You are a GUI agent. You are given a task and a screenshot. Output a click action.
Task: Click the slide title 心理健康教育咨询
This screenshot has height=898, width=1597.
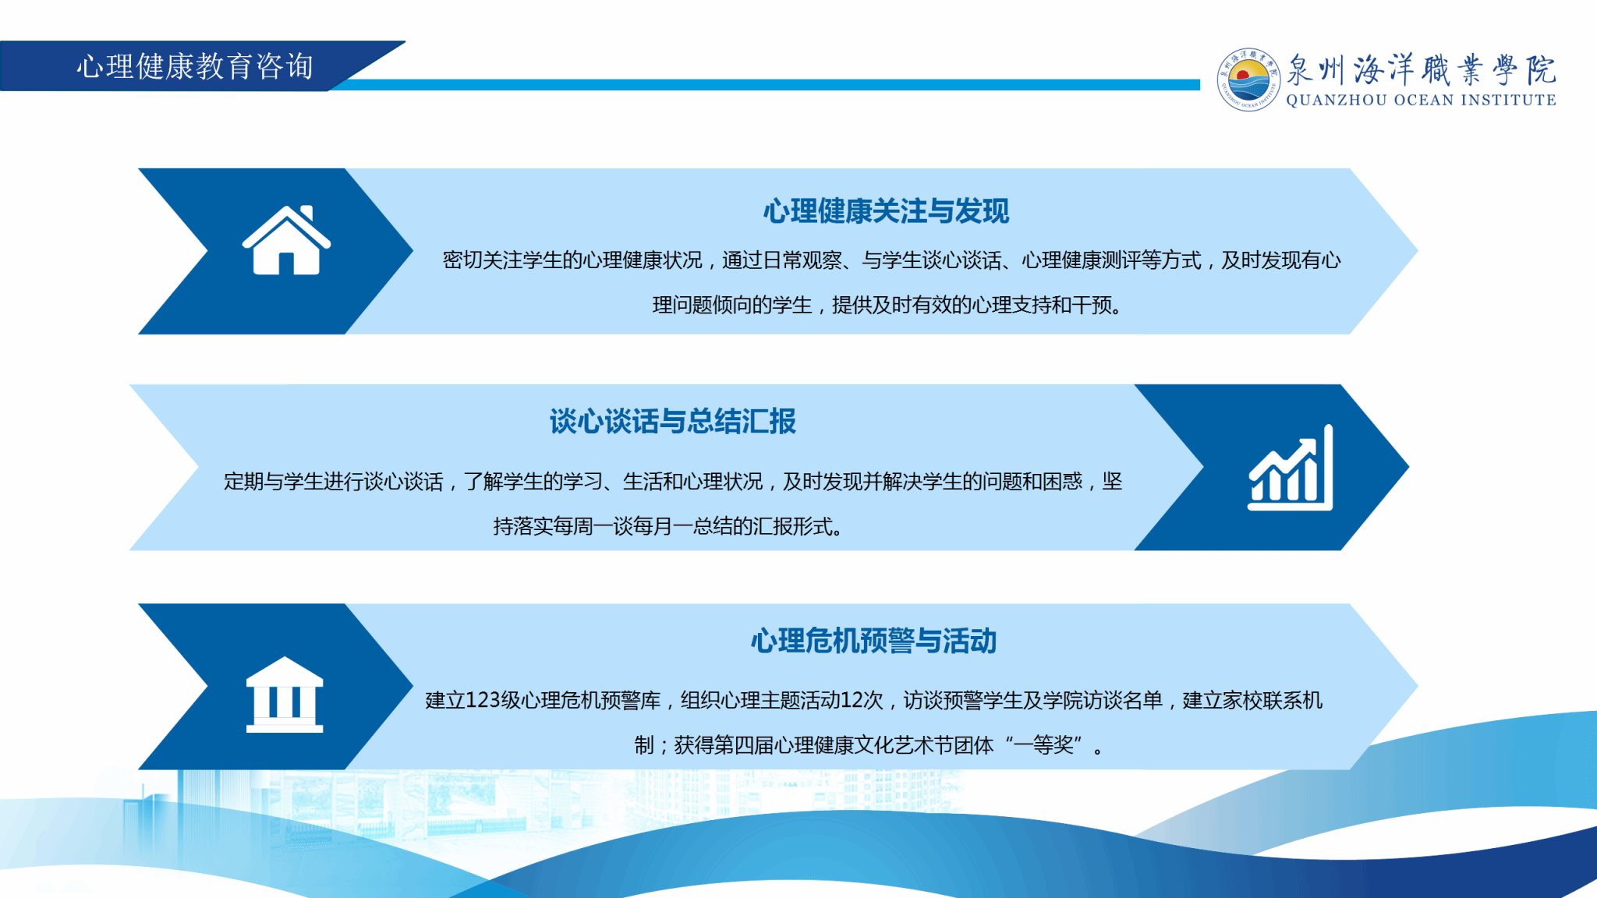(x=195, y=66)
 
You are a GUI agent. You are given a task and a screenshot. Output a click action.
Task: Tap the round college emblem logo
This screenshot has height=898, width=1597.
(x=1248, y=80)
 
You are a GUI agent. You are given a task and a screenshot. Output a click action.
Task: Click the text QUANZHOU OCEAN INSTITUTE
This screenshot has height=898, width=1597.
(x=1421, y=100)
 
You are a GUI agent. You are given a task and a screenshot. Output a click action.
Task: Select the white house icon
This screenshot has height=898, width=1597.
(x=286, y=240)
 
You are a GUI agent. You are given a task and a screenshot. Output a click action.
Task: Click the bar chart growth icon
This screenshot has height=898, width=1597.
(x=1291, y=468)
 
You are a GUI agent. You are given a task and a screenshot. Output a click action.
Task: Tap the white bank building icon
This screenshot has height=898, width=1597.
(x=285, y=695)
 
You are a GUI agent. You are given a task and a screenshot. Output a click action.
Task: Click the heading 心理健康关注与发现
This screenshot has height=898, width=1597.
(x=886, y=211)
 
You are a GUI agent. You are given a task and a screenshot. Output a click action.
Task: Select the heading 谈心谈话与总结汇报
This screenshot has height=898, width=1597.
(x=672, y=422)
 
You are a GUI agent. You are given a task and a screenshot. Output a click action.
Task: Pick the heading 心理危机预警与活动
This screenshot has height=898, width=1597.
(x=873, y=641)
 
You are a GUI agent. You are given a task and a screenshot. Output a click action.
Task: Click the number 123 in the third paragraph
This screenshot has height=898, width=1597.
(x=483, y=700)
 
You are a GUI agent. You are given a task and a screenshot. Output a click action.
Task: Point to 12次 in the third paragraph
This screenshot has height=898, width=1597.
(x=862, y=700)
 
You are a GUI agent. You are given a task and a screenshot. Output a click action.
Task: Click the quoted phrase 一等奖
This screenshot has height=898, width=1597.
(x=1043, y=745)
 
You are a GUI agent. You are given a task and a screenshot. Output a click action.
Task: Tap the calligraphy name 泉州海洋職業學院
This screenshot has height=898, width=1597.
(x=1421, y=69)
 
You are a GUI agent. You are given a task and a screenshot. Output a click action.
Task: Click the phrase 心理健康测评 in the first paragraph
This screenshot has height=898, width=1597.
(x=1082, y=260)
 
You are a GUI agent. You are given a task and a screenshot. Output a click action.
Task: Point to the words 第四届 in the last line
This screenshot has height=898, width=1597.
(x=743, y=745)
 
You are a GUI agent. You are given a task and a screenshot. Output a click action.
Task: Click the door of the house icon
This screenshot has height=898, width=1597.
(x=286, y=264)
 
